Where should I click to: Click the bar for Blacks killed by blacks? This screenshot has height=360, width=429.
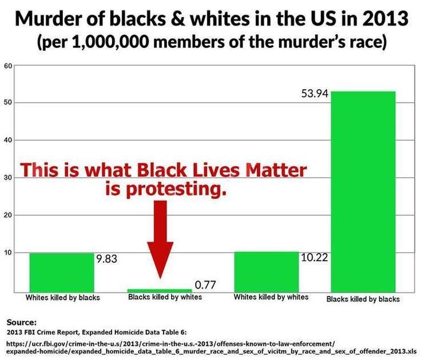point(363,191)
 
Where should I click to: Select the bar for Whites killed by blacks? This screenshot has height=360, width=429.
point(62,273)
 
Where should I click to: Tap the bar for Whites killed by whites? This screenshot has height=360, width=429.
point(267,272)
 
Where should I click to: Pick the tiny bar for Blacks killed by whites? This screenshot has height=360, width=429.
point(160,290)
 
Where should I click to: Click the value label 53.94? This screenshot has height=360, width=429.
point(315,94)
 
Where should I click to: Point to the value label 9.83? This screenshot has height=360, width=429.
point(107,259)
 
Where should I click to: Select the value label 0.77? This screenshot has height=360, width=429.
point(205,285)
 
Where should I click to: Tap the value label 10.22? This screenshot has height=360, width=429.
point(315,257)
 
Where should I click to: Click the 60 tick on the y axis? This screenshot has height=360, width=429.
point(8,66)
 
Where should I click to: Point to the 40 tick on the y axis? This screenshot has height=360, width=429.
point(8,140)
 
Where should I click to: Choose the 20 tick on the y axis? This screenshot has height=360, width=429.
point(8,215)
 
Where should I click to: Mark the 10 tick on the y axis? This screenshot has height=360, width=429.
point(8,253)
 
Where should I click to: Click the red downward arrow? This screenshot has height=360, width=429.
point(160,239)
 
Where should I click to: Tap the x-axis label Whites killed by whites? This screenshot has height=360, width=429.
point(271,297)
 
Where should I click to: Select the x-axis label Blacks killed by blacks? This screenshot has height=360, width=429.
point(363,299)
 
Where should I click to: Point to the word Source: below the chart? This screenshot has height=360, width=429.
point(21,322)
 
